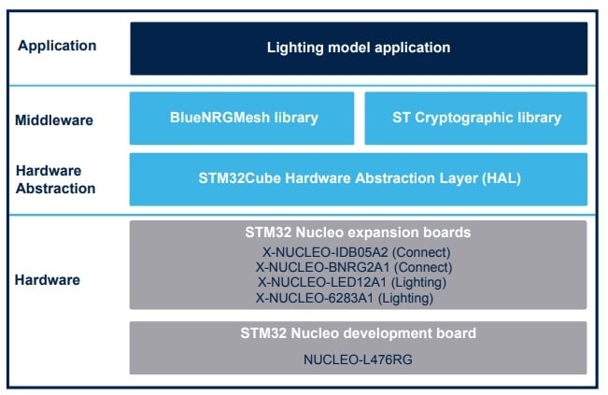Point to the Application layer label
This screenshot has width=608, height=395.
pyautogui.click(x=57, y=45)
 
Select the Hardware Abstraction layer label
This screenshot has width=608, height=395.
pyautogui.click(x=55, y=179)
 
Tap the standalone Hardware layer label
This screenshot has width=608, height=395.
pyautogui.click(x=48, y=279)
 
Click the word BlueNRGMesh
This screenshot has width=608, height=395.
pyautogui.click(x=216, y=118)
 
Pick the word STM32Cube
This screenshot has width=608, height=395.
pyautogui.click(x=236, y=177)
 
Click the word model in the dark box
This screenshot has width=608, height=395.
pyautogui.click(x=346, y=47)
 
